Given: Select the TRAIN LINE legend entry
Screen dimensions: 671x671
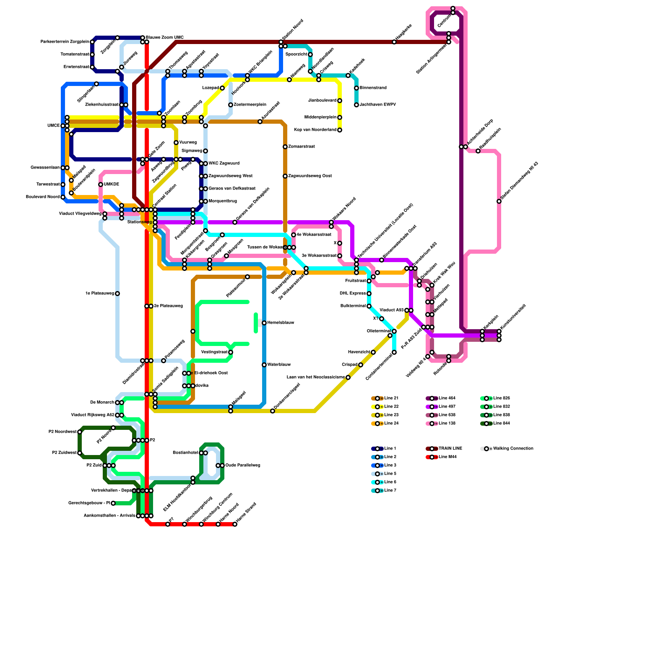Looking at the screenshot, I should pos(450,449).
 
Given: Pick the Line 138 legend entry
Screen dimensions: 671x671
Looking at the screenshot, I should pos(447,424).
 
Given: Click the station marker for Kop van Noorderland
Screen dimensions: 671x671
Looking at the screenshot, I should pos(340,130).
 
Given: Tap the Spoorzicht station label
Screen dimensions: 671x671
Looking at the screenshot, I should pos(296,55).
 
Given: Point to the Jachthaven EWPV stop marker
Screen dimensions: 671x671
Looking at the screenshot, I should pos(356,105).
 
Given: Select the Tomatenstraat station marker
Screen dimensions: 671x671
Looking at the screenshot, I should pos(92,55).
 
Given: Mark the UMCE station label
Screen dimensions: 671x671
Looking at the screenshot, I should pos(53,126).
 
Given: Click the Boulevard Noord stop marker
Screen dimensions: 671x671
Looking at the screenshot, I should pos(63,197).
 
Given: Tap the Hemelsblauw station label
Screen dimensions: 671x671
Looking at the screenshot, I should pos(281,323).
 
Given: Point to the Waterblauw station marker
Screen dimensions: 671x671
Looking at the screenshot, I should pos(264,365).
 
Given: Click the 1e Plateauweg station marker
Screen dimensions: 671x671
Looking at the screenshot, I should pos(117,294).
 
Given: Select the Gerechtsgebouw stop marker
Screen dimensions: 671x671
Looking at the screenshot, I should pos(113,503).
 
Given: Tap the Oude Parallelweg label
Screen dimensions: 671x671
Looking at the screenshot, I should pos(243,466).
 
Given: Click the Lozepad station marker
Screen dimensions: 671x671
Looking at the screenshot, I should pos(222,88).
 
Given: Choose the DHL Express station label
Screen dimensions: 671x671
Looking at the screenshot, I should pos(352,294).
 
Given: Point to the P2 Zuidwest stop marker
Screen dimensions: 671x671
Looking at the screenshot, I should pos(80,453).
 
